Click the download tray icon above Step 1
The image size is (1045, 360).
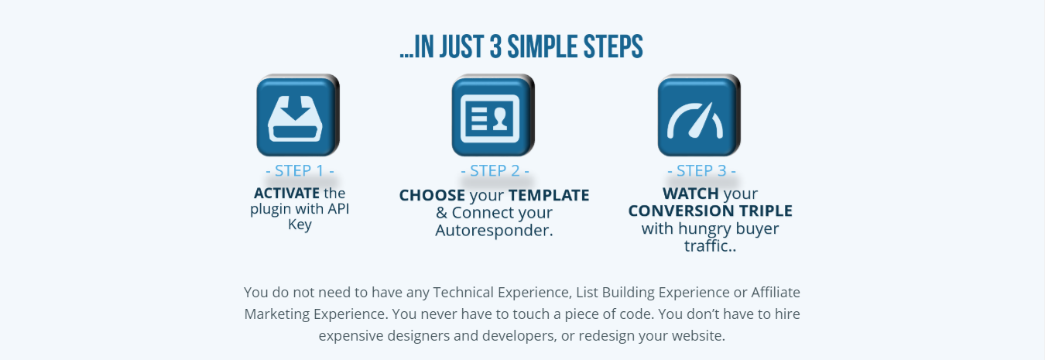point(298,115)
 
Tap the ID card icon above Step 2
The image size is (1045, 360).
point(492,115)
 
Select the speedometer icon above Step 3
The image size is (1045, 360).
point(699,115)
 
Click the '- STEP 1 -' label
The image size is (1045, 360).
point(300,170)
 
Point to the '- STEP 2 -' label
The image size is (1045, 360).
point(495,170)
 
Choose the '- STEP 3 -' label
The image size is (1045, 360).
point(701,170)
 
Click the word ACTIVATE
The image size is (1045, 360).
point(286,193)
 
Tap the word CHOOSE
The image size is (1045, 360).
point(432,195)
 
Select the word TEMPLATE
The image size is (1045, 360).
point(549,195)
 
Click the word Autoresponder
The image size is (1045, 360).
point(494,231)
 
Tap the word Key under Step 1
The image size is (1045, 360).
point(300,225)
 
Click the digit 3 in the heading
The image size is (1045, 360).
point(495,46)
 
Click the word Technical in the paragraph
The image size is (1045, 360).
point(463,293)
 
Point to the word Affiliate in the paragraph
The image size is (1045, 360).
point(776,293)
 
